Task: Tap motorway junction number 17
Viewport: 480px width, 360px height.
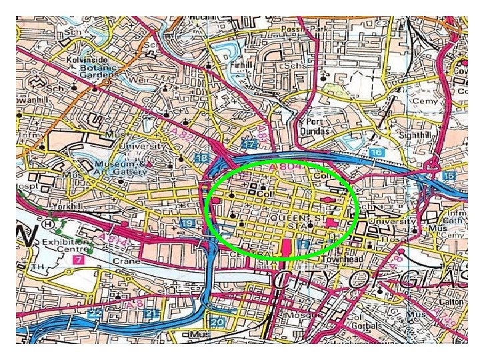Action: click(249, 144)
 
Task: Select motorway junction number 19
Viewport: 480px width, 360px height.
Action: click(188, 223)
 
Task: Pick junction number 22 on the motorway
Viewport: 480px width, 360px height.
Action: click(96, 313)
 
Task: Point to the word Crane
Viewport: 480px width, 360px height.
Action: click(127, 261)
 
